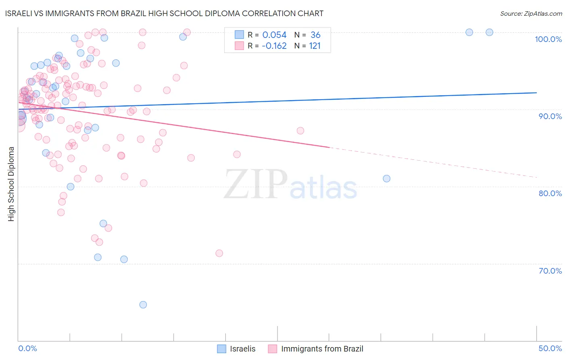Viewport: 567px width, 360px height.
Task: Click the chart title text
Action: [x=165, y=13]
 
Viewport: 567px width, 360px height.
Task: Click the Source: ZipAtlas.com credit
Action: [x=531, y=13]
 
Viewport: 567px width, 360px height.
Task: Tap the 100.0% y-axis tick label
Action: [x=548, y=39]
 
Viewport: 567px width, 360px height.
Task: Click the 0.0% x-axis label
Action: [x=27, y=348]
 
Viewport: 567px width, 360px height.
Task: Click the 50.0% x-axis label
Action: [x=550, y=348]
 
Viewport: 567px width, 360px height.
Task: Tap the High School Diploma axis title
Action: [x=11, y=184]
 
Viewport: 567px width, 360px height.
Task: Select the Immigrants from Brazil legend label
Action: [x=322, y=349]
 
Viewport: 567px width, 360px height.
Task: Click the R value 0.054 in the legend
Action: [x=274, y=35]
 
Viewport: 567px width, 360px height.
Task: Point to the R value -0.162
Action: [x=274, y=46]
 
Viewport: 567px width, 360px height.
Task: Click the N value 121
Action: [x=315, y=46]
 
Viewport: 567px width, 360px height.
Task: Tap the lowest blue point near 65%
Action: [x=143, y=305]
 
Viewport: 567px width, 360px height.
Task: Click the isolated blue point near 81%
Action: [x=386, y=178]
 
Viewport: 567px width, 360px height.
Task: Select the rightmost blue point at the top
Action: [x=489, y=32]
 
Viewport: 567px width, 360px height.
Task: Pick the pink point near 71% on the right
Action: [x=219, y=253]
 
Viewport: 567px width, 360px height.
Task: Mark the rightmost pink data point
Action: [x=300, y=130]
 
